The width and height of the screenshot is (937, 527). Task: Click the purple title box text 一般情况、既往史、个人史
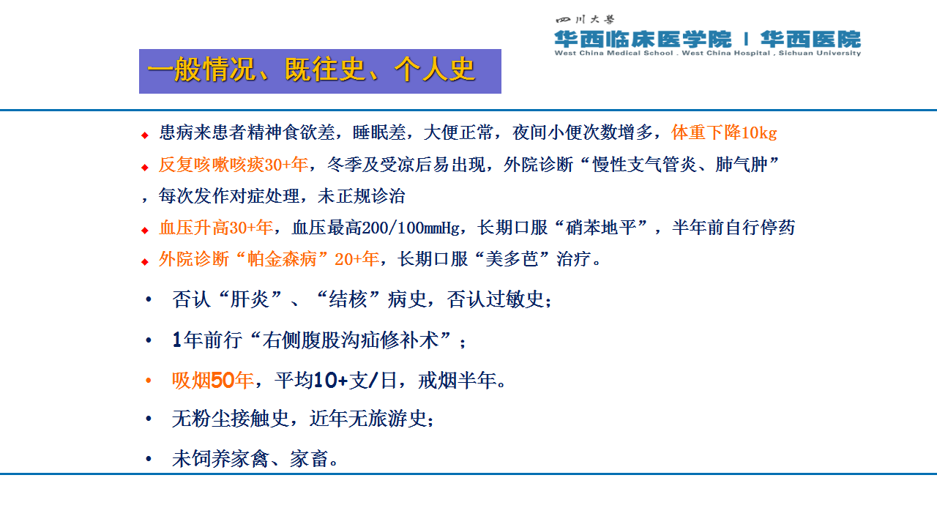click(311, 70)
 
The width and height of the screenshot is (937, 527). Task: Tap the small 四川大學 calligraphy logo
click(585, 19)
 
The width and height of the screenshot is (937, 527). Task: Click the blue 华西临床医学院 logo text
click(643, 40)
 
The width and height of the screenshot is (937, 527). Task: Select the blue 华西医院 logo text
click(810, 40)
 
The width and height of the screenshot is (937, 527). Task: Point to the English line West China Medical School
click(613, 53)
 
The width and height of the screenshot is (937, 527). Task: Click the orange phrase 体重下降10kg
click(724, 132)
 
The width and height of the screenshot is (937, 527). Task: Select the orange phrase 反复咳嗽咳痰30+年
click(234, 165)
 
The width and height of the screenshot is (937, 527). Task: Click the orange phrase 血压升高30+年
click(216, 228)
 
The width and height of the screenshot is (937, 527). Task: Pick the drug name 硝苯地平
click(600, 228)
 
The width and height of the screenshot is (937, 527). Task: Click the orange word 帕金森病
click(282, 259)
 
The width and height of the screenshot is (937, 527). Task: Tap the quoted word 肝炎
click(250, 299)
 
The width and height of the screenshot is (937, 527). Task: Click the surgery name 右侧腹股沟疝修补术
click(351, 340)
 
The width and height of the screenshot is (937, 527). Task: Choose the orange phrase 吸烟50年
click(212, 381)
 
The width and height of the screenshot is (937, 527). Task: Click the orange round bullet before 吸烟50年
click(148, 381)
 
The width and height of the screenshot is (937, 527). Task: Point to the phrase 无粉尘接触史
click(231, 419)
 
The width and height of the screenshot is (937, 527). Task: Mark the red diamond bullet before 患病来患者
click(145, 135)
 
